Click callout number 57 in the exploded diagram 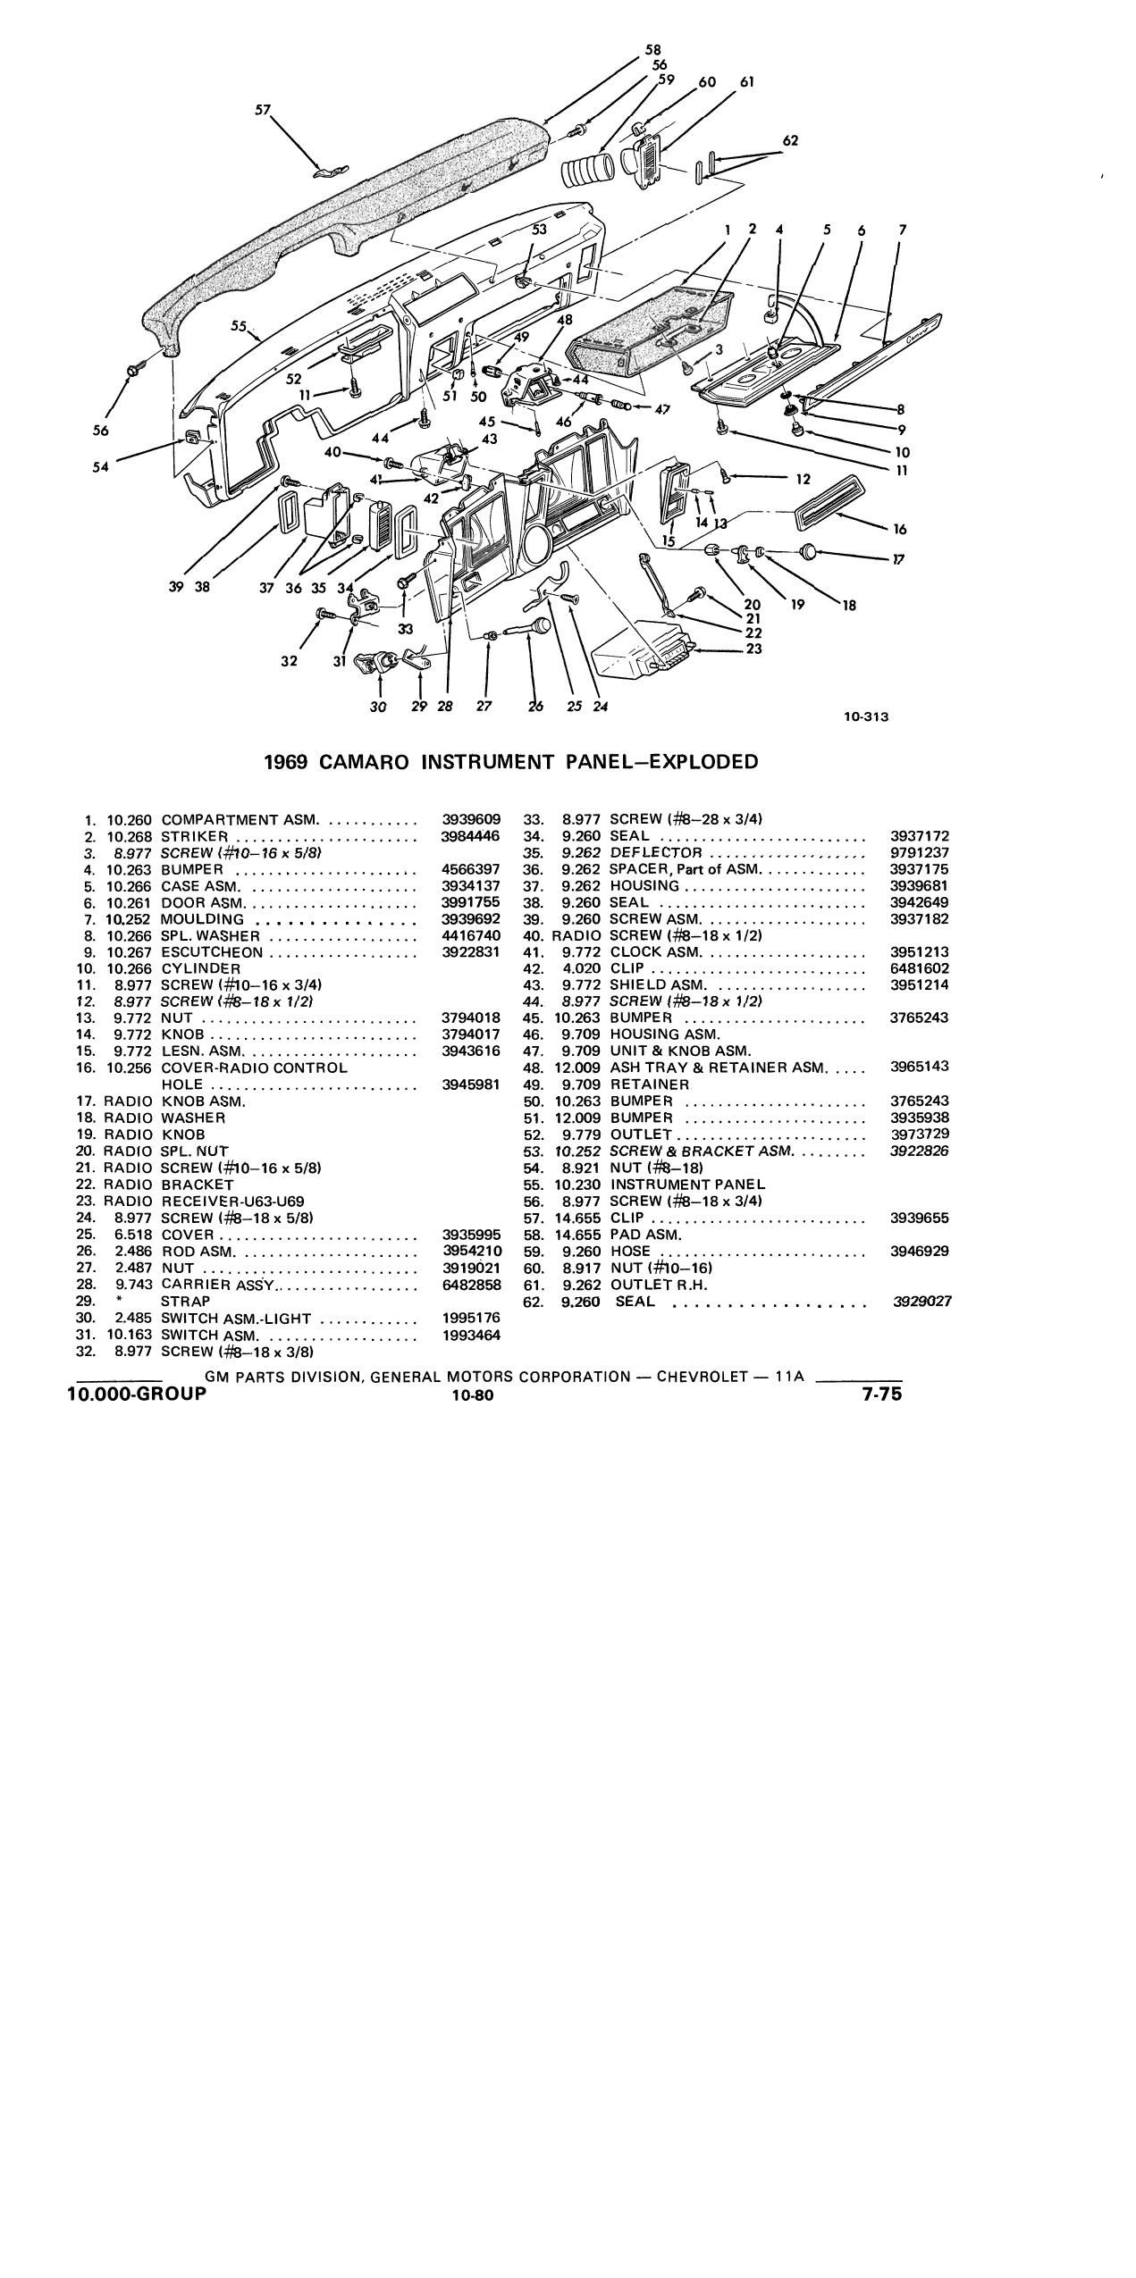click(x=263, y=110)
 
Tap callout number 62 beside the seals click(x=790, y=140)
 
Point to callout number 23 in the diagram click(x=753, y=649)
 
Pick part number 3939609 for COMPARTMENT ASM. click(x=471, y=819)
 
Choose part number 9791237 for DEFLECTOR click(x=920, y=852)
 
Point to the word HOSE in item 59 click(x=630, y=1252)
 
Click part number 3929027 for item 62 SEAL click(x=922, y=1302)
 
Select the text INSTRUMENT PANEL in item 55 click(x=688, y=1185)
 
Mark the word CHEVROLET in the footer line click(x=703, y=1377)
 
